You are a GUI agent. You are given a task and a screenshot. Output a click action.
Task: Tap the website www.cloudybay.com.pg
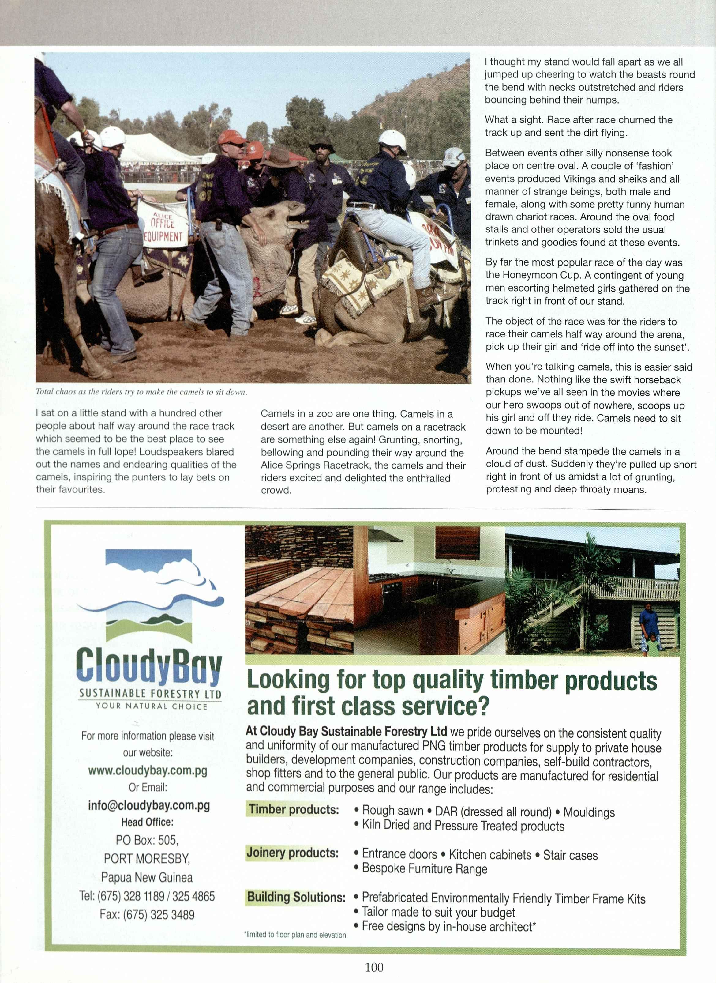147,770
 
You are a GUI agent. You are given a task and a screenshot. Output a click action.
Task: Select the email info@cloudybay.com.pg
149,805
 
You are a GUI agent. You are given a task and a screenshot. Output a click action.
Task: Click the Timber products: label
294,809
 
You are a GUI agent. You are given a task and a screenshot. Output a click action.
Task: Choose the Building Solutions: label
296,896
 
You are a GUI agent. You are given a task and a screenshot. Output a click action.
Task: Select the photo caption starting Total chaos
141,392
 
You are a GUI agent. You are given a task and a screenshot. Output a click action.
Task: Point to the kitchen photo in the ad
429,590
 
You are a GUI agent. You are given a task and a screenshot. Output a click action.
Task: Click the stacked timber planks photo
299,590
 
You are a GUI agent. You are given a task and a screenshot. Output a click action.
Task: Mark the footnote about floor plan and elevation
295,935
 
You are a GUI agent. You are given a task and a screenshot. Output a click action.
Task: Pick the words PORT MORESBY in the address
147,859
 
